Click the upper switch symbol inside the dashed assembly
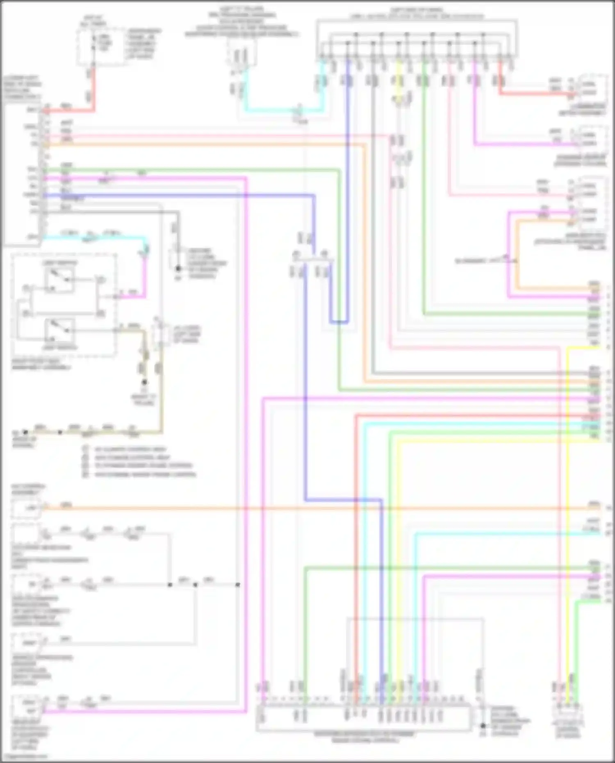coord(60,280)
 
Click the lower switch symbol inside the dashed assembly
coord(60,330)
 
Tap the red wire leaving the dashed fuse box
coord(94,88)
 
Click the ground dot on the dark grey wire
coord(178,269)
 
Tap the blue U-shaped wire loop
coord(339,322)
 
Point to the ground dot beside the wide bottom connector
coord(483,725)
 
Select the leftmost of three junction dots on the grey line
coord(170,585)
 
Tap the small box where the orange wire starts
coord(27,508)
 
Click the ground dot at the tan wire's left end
coord(25,432)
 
